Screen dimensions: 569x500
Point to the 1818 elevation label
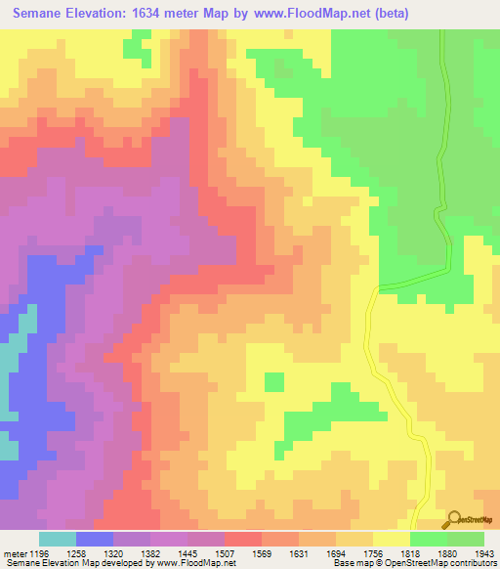[393, 552]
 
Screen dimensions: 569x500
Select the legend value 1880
[430, 552]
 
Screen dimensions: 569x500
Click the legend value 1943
[468, 552]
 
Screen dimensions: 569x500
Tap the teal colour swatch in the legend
[58, 539]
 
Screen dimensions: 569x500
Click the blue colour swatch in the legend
[95, 539]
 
